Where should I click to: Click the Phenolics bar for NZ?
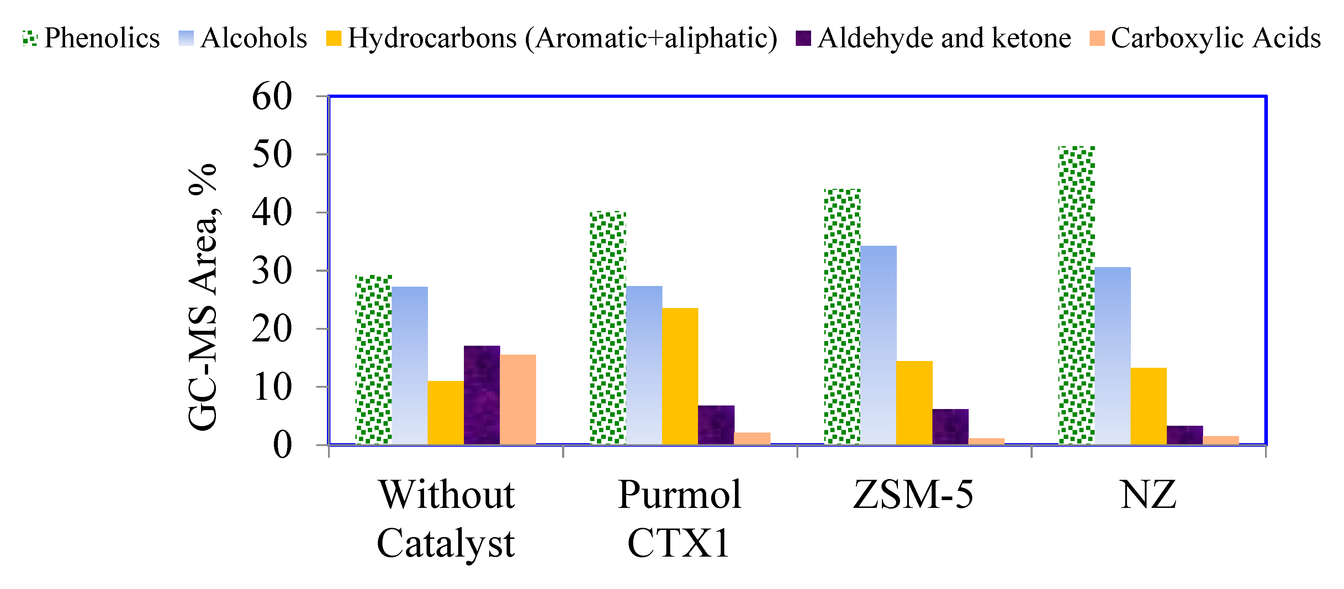click(x=1076, y=295)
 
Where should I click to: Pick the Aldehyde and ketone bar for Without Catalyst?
click(x=482, y=395)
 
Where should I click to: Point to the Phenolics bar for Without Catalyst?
click(x=374, y=360)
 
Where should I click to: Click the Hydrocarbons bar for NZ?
click(x=1148, y=406)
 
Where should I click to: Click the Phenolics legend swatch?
click(x=30, y=38)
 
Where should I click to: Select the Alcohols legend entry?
click(x=254, y=38)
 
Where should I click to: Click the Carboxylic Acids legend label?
click(x=1216, y=38)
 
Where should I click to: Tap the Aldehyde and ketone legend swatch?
click(x=803, y=38)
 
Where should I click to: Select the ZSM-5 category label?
click(x=913, y=494)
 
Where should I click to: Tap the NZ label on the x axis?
click(x=1148, y=494)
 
